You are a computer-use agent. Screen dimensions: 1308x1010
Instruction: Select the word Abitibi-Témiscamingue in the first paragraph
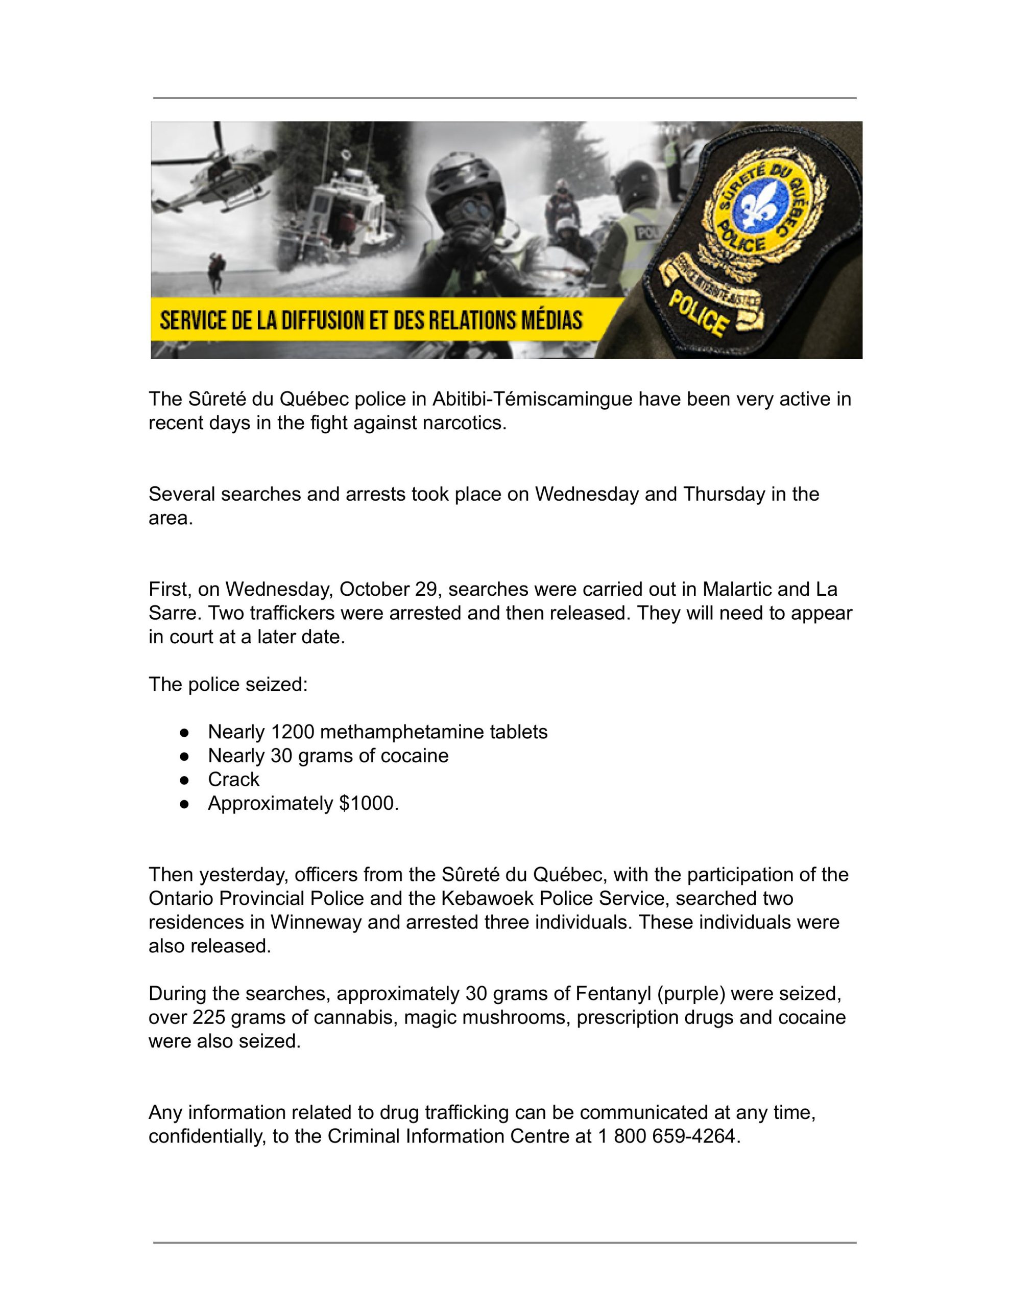[532, 399]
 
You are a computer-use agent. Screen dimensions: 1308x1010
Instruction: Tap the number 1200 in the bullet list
[292, 732]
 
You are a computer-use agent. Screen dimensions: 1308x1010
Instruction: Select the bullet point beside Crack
[184, 780]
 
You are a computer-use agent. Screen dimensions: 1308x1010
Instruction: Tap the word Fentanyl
[613, 994]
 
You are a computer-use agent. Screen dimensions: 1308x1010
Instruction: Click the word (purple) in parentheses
[691, 994]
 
